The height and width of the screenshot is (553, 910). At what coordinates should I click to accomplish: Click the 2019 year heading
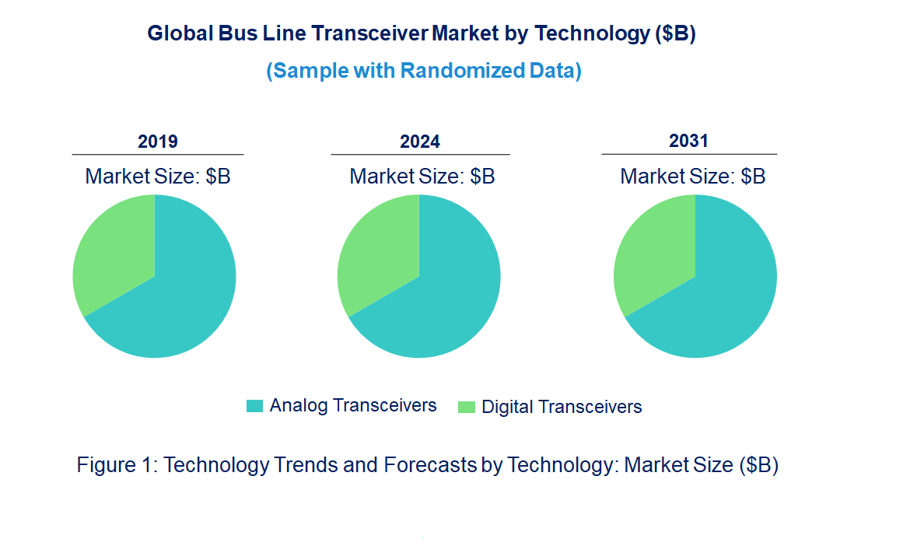(158, 142)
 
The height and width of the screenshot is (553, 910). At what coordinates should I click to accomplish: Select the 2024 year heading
(420, 142)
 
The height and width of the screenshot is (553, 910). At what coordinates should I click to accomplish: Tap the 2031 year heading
(689, 141)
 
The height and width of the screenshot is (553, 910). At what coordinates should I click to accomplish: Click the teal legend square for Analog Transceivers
(254, 406)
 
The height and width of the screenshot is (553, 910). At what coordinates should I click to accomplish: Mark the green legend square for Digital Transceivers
(466, 407)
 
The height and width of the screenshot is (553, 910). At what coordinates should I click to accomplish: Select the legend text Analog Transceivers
(353, 405)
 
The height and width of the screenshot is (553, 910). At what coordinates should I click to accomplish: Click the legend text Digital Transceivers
(562, 407)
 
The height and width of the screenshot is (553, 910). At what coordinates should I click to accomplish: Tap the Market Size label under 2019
(158, 177)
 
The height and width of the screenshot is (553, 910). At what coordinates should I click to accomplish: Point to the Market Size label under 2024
(422, 177)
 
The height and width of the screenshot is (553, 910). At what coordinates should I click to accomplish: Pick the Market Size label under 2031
(692, 177)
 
